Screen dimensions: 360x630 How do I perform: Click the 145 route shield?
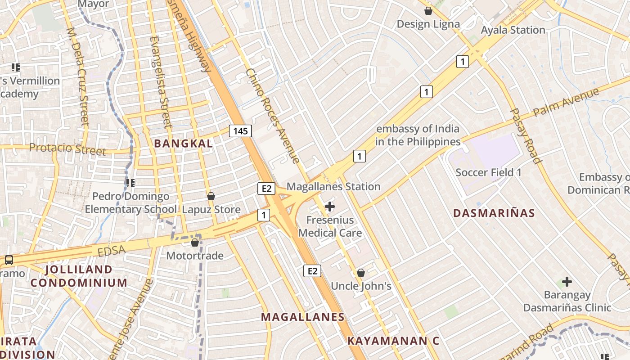pyautogui.click(x=240, y=131)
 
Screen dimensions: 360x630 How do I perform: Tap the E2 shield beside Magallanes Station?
pyautogui.click(x=266, y=188)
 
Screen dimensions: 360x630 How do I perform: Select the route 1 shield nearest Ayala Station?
pyautogui.click(x=462, y=61)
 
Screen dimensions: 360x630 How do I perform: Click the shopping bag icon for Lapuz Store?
pyautogui.click(x=211, y=196)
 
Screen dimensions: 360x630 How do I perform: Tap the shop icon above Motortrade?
pyautogui.click(x=195, y=243)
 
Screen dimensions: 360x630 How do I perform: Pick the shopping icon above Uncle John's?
pyautogui.click(x=360, y=273)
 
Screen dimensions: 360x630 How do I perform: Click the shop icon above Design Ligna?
pyautogui.click(x=428, y=10)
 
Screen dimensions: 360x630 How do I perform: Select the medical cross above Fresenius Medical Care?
pyautogui.click(x=330, y=207)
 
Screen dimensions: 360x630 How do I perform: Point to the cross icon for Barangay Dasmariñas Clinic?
pyautogui.click(x=567, y=282)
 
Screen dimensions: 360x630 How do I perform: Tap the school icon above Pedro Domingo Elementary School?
pyautogui.click(x=130, y=183)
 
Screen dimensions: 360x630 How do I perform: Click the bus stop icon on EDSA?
pyautogui.click(x=9, y=260)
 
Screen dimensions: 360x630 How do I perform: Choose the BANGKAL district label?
pyautogui.click(x=183, y=144)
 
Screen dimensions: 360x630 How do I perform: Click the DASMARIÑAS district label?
pyautogui.click(x=494, y=213)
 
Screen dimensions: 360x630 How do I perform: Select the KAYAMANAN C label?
pyautogui.click(x=393, y=341)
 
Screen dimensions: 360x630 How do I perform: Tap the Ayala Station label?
pyautogui.click(x=513, y=30)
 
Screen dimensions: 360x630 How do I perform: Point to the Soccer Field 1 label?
pyautogui.click(x=488, y=172)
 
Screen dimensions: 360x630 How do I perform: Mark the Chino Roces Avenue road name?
pyautogui.click(x=272, y=116)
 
